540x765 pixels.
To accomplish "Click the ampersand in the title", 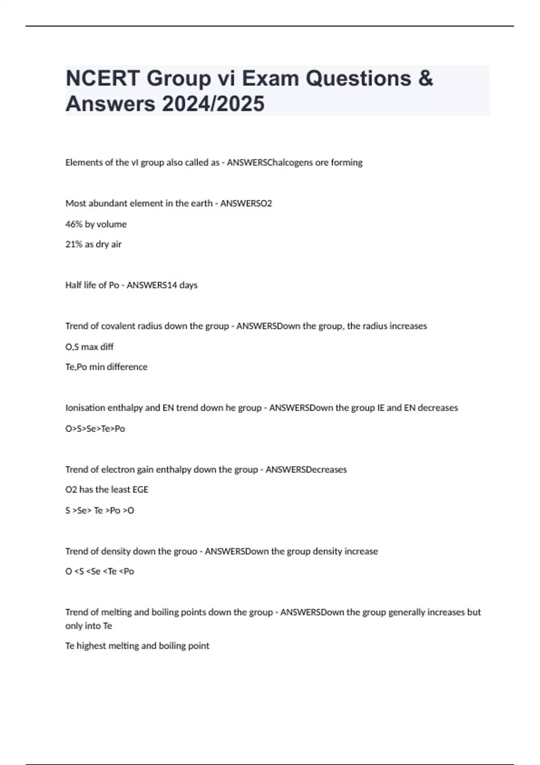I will (425, 78).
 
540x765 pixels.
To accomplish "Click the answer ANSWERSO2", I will (246, 203).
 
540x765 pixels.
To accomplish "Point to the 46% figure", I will (74, 224).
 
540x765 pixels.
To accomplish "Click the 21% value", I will (74, 244).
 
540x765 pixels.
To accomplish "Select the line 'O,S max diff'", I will (89, 347).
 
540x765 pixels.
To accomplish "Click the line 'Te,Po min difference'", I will (106, 367).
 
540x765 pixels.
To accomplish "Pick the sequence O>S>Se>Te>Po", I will (95, 429).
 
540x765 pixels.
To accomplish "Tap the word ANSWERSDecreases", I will (306, 470).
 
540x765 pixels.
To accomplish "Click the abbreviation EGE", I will (140, 490).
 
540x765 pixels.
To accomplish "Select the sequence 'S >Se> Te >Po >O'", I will (99, 511).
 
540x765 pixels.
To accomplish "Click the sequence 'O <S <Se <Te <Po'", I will (99, 571).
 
